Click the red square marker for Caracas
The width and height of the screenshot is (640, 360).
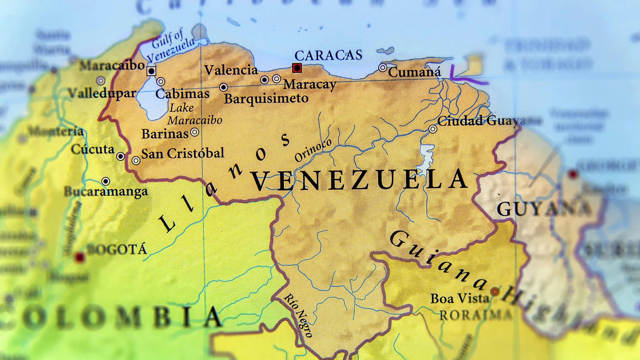pyautogui.click(x=297, y=68)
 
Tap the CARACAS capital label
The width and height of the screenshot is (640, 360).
pyautogui.click(x=328, y=55)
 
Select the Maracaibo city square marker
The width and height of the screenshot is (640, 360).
pyautogui.click(x=151, y=71)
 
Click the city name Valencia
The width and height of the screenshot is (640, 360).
pyautogui.click(x=231, y=70)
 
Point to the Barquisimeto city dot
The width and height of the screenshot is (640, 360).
pyautogui.click(x=223, y=87)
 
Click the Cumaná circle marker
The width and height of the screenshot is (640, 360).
pyautogui.click(x=383, y=67)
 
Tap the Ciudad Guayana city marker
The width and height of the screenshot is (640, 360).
pyautogui.click(x=433, y=129)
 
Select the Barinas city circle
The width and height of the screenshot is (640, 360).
pyautogui.click(x=195, y=132)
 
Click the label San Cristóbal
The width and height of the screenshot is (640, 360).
pyautogui.click(x=183, y=154)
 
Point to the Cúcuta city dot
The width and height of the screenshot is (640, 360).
pyautogui.click(x=121, y=156)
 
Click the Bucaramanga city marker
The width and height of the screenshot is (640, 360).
pyautogui.click(x=105, y=181)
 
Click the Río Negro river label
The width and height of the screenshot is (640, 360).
pyautogui.click(x=298, y=315)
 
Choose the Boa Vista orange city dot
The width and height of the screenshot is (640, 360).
pyautogui.click(x=495, y=292)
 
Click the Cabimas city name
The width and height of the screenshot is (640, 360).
pyautogui.click(x=182, y=94)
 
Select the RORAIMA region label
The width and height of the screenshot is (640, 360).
pyautogui.click(x=476, y=315)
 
